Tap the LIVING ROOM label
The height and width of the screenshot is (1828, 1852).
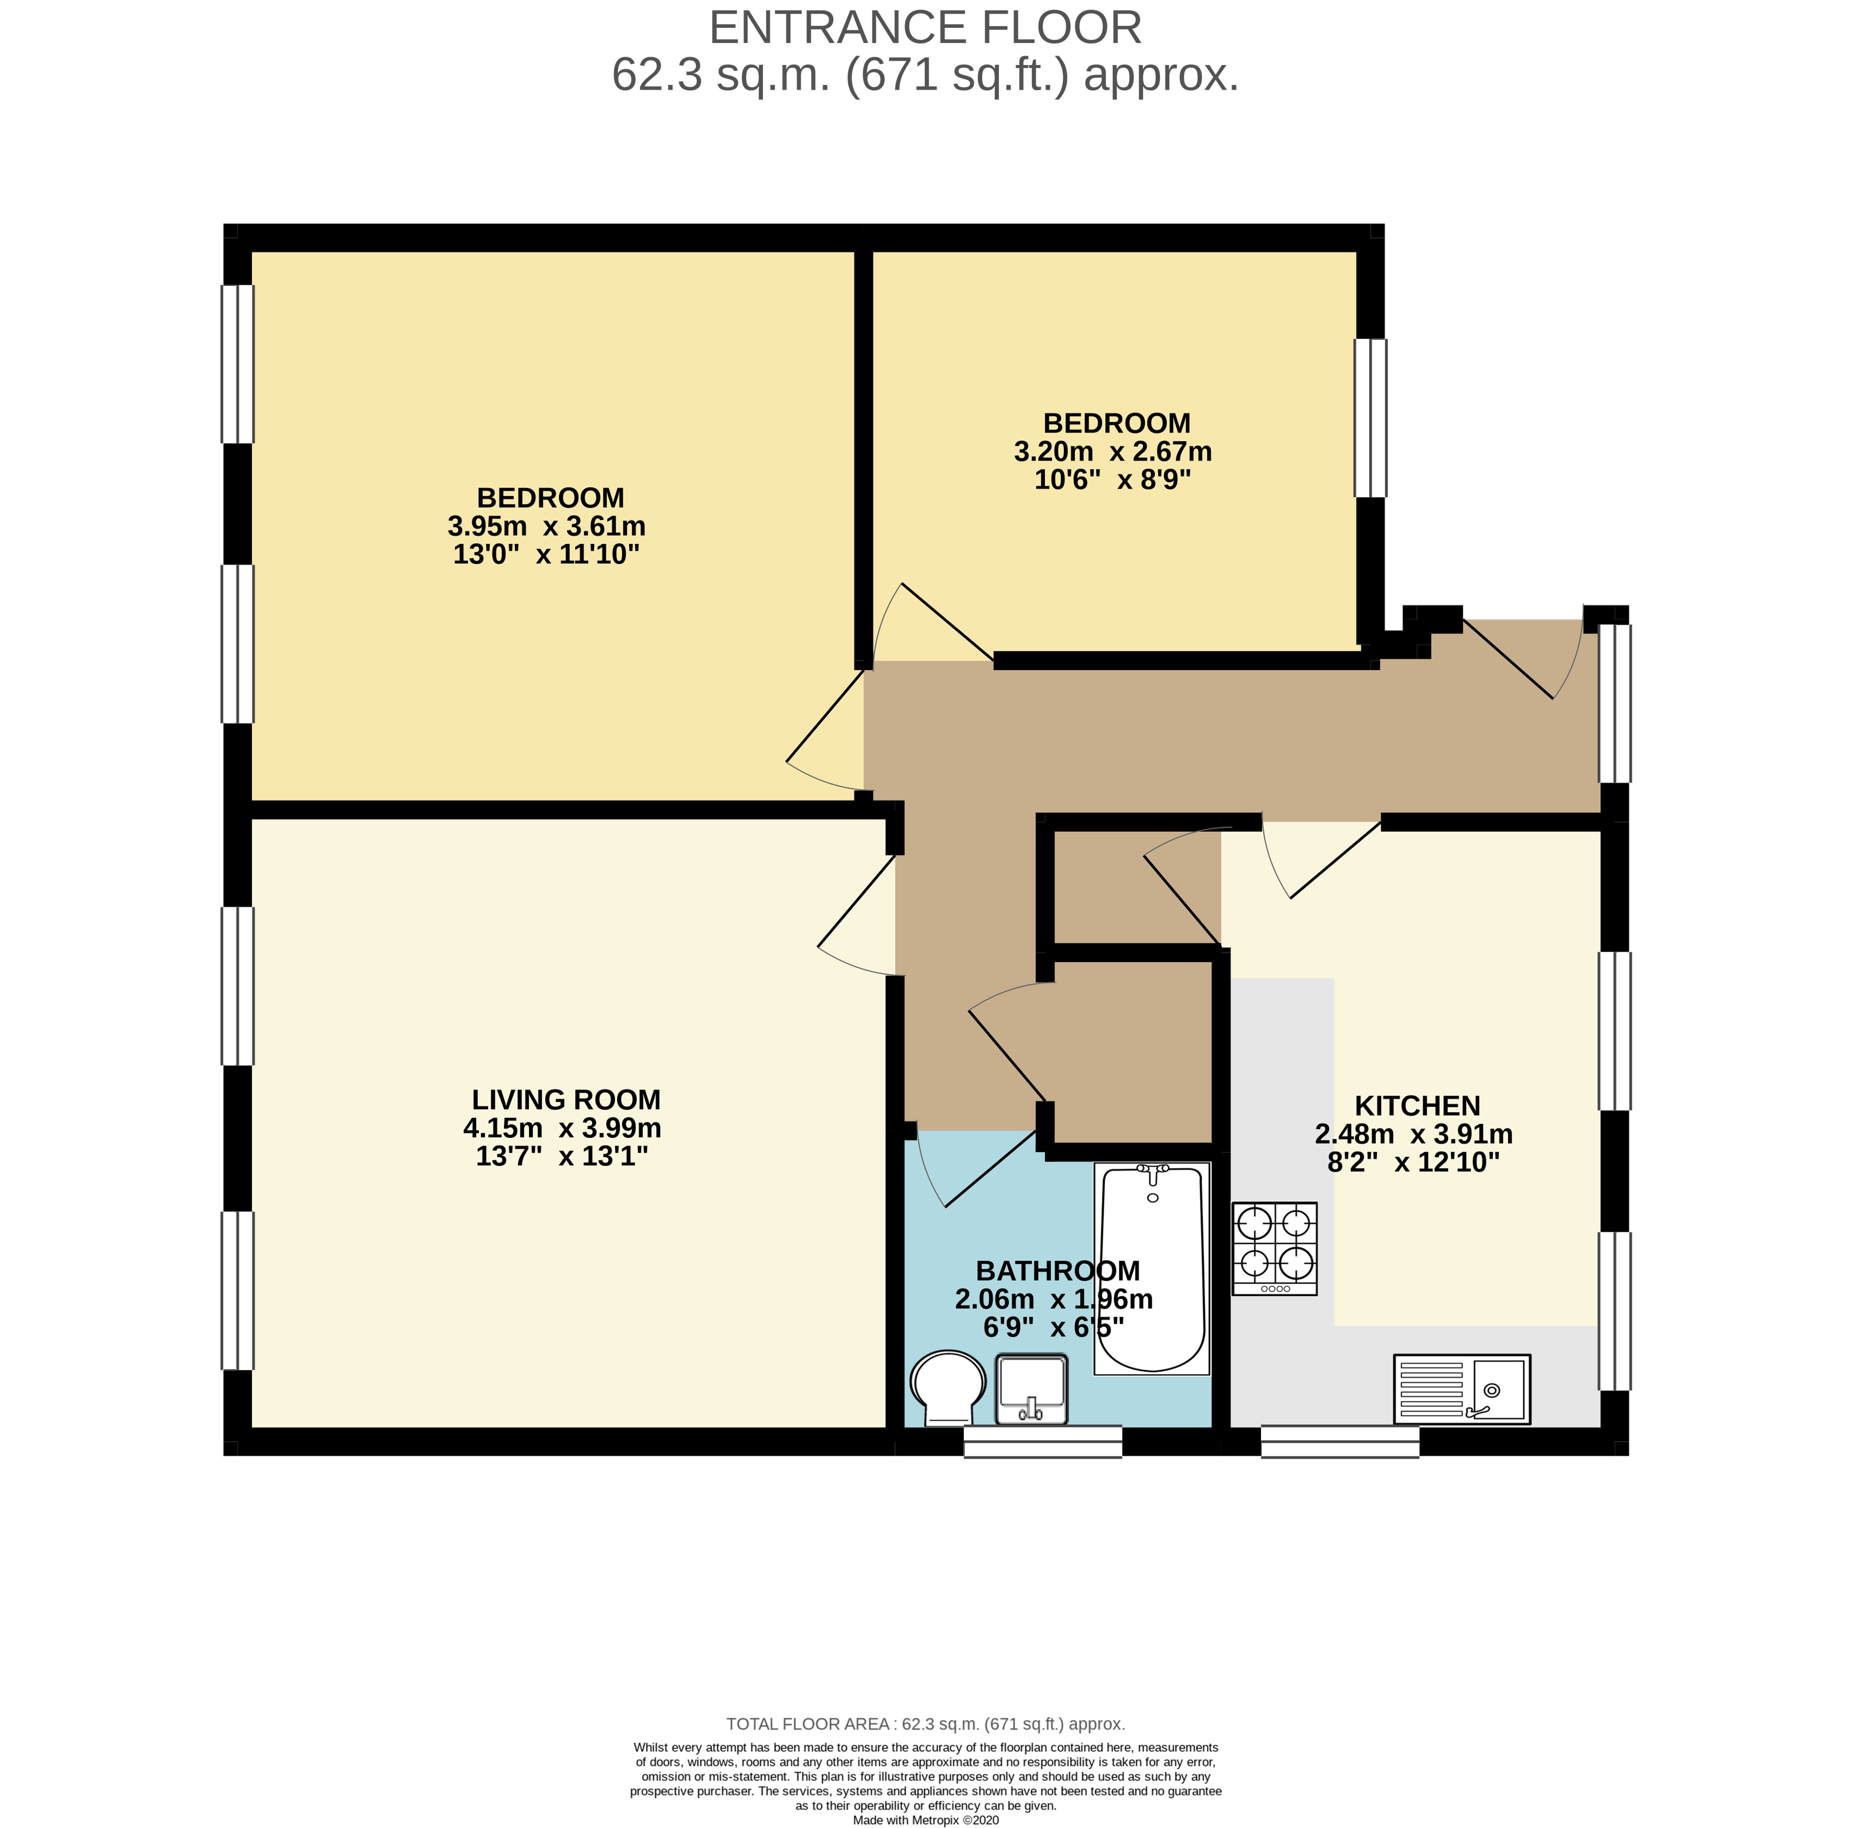pyautogui.click(x=566, y=1100)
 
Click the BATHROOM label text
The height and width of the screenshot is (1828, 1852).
pyautogui.click(x=1057, y=1271)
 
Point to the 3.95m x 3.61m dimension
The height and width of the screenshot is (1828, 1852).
pyautogui.click(x=546, y=526)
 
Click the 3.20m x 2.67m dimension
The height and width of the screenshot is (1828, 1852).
pyautogui.click(x=1113, y=451)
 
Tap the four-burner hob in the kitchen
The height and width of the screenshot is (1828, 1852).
pyautogui.click(x=1274, y=1248)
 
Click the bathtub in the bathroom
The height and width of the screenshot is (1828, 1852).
pyautogui.click(x=1151, y=1267)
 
